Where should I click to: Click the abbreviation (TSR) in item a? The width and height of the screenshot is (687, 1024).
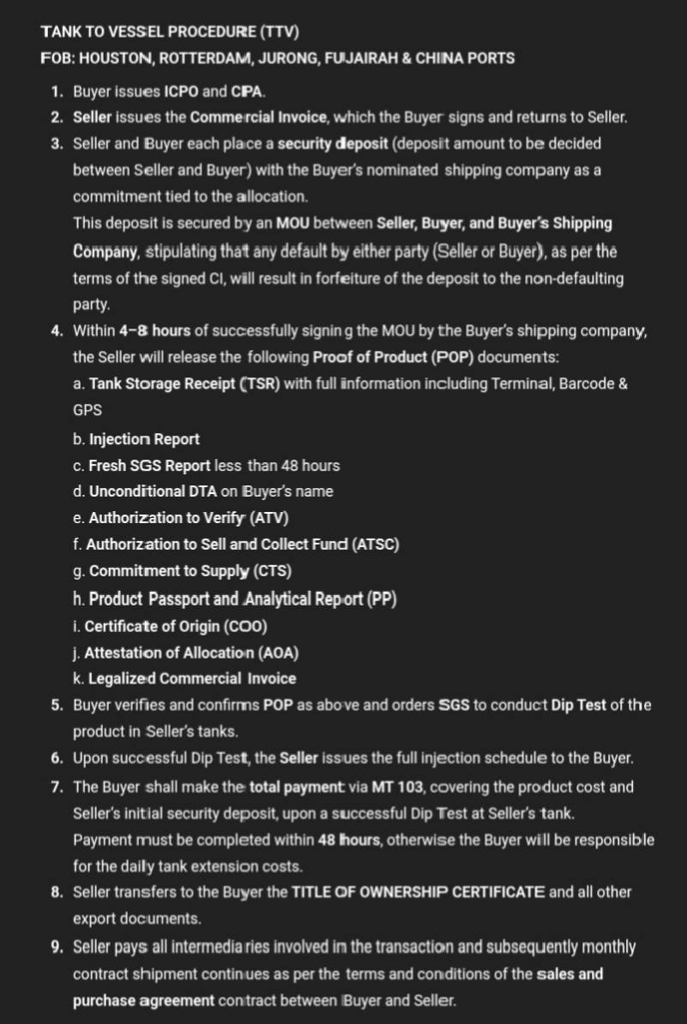pyautogui.click(x=260, y=383)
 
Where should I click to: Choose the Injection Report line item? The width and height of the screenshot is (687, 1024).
pyautogui.click(x=144, y=439)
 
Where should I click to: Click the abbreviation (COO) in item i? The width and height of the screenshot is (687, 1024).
pyautogui.click(x=244, y=626)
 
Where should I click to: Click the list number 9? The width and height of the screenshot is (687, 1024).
pyautogui.click(x=56, y=947)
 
